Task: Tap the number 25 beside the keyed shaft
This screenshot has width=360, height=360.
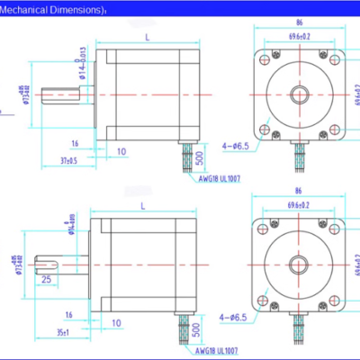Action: tap(44, 280)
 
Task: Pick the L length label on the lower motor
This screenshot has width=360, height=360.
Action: tap(144, 207)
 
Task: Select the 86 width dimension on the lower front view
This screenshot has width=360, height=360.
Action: tap(296, 192)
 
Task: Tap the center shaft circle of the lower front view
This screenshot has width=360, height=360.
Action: tap(296, 261)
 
